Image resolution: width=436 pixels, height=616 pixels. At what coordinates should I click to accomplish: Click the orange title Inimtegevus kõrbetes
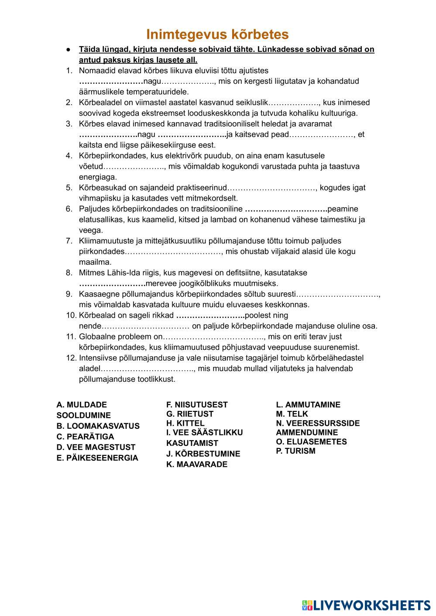pyautogui.click(x=217, y=34)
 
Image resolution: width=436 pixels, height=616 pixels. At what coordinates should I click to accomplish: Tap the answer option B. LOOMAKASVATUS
pyautogui.click(x=98, y=426)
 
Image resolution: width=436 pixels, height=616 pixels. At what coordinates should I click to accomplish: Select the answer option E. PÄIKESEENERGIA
pyautogui.click(x=97, y=458)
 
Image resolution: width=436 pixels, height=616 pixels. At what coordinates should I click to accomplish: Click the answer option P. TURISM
pyautogui.click(x=295, y=451)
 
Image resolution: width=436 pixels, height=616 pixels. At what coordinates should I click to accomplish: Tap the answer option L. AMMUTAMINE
pyautogui.click(x=308, y=404)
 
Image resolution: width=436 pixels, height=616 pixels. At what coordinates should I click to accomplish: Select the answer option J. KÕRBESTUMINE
pyautogui.click(x=203, y=454)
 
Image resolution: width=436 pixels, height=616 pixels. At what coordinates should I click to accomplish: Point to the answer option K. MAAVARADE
pyautogui.click(x=196, y=464)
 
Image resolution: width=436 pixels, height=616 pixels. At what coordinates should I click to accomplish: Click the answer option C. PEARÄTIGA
pyautogui.click(x=85, y=436)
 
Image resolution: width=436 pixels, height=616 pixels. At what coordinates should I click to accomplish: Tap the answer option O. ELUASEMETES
pyautogui.click(x=311, y=441)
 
